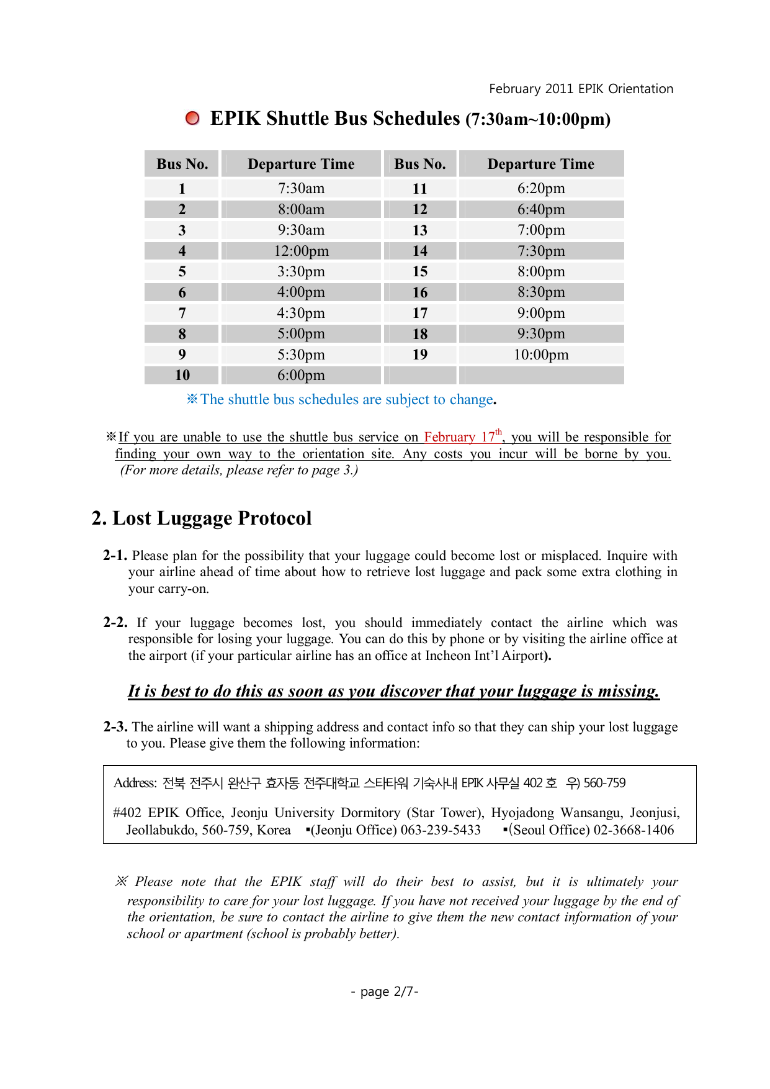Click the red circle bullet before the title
click(x=193, y=118)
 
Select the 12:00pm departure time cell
click(x=301, y=251)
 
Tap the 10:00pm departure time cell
click(x=541, y=355)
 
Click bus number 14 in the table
click(x=420, y=251)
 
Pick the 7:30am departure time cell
click(x=301, y=188)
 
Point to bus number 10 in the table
click(x=182, y=375)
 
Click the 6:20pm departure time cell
click(x=541, y=188)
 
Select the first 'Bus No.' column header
click(x=182, y=164)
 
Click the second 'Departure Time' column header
click(x=541, y=164)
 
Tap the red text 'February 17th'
click(x=462, y=436)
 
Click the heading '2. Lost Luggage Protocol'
click(x=202, y=518)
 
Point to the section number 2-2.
click(x=115, y=623)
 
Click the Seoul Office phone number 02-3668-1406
click(x=633, y=830)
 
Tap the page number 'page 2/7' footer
click(x=385, y=992)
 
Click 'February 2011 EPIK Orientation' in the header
click(x=581, y=89)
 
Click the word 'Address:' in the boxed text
click(x=135, y=783)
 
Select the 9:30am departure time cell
click(x=301, y=230)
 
